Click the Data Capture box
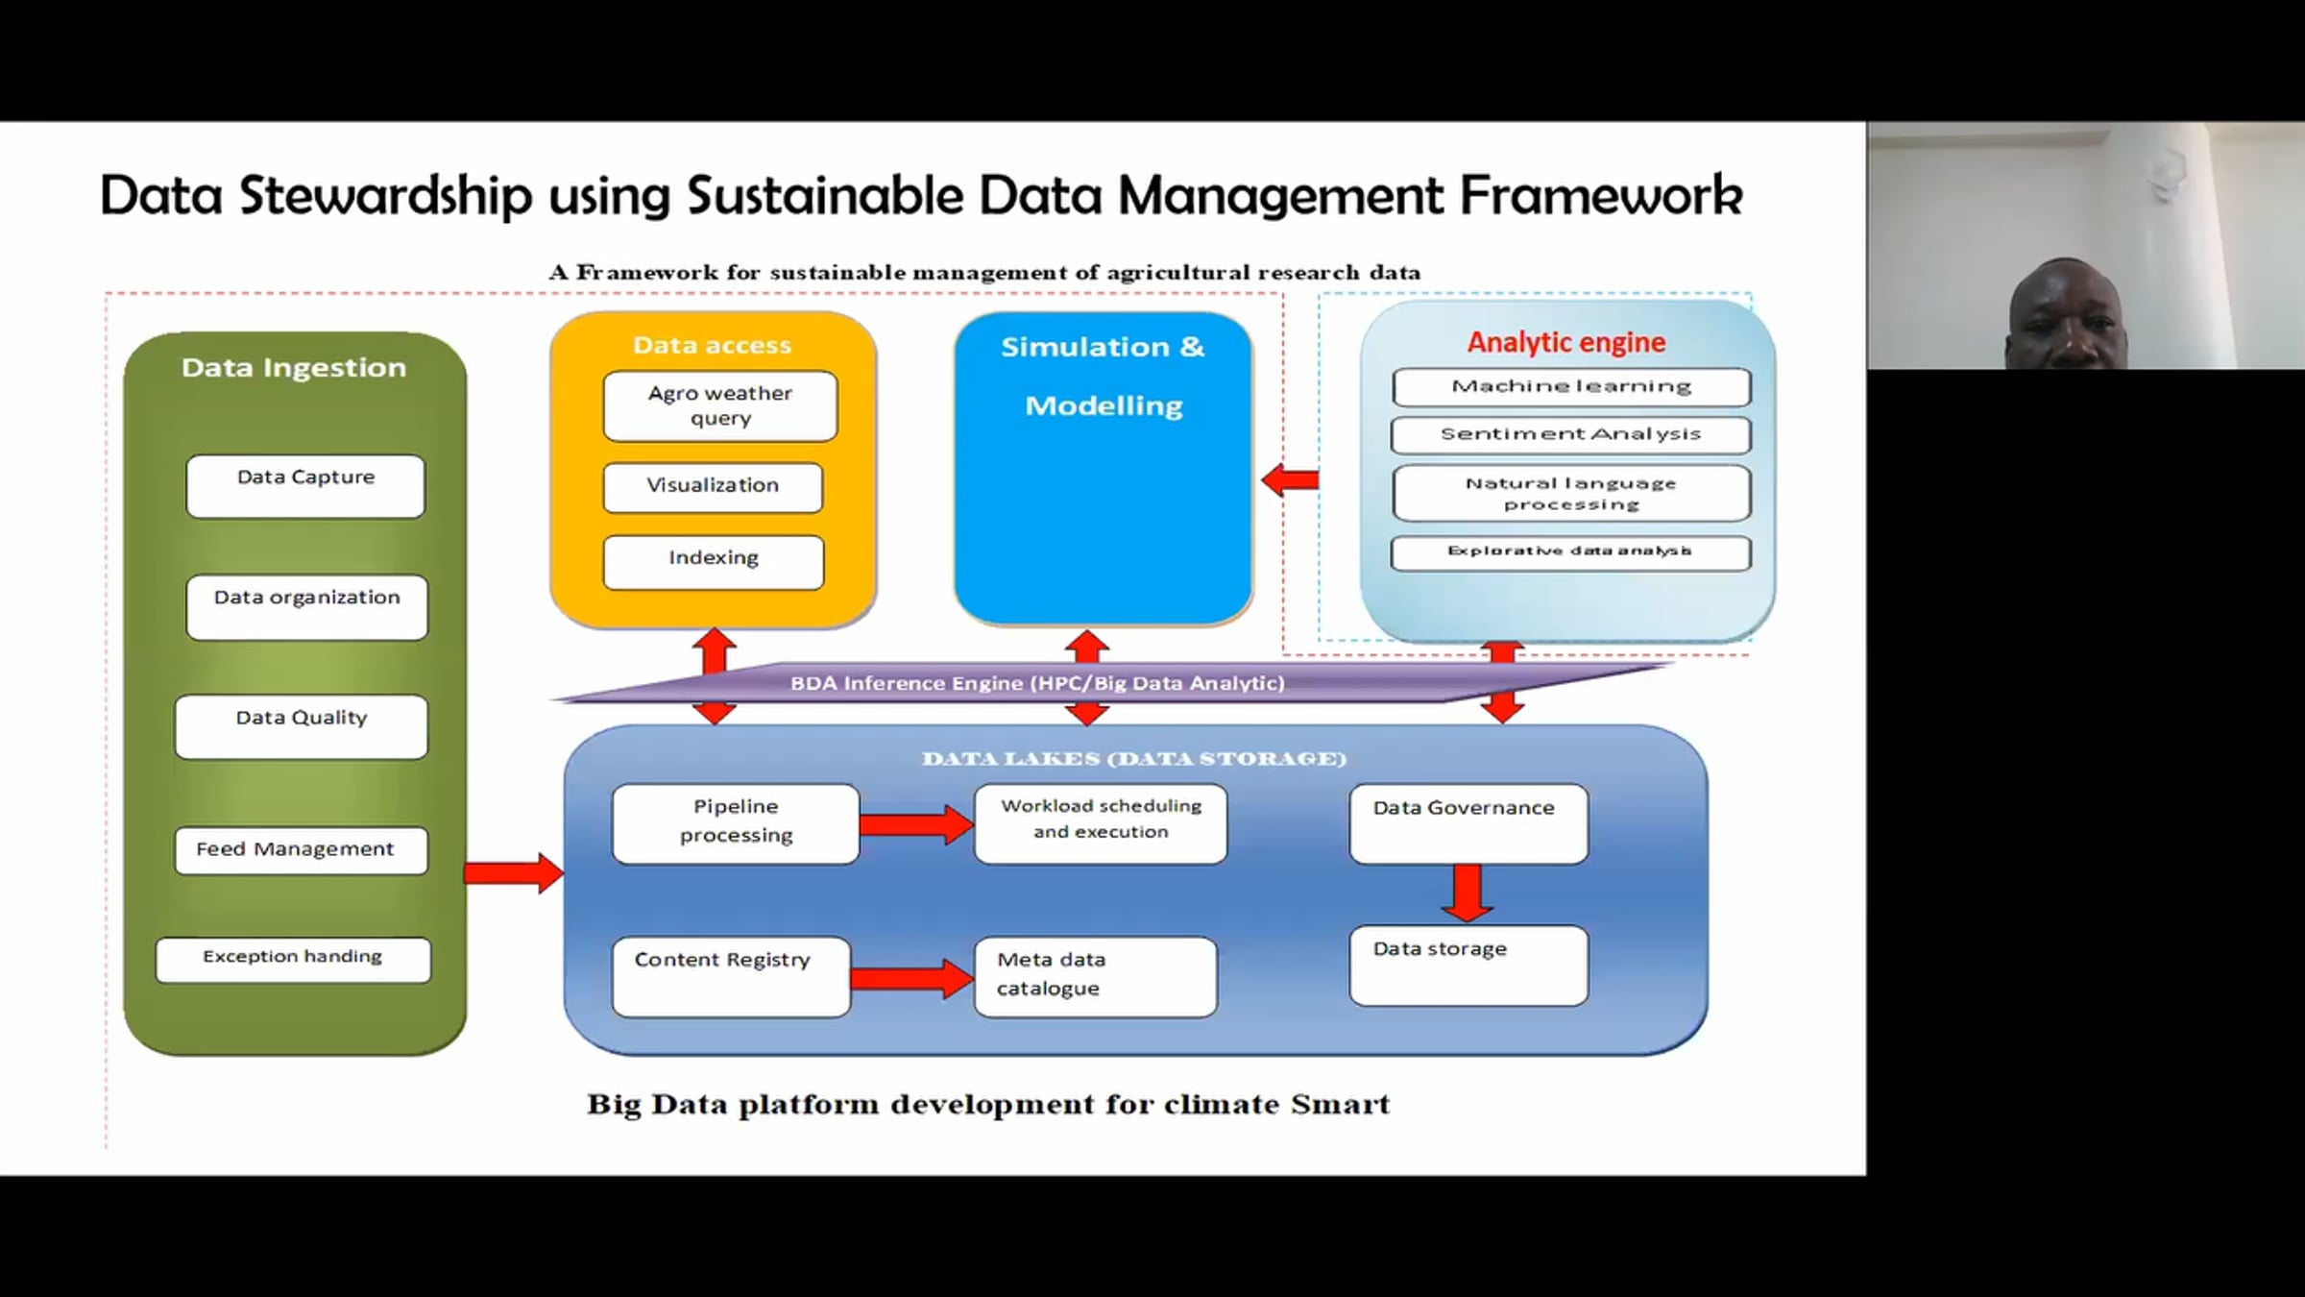click(x=305, y=486)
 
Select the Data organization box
click(x=306, y=606)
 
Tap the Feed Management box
click(x=301, y=850)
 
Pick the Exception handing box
click(x=293, y=959)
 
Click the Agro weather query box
click(x=720, y=405)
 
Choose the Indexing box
click(x=714, y=561)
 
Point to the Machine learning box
click(x=1571, y=387)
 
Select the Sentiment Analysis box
click(x=1570, y=434)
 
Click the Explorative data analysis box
click(x=1570, y=552)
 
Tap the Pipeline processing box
click(x=736, y=823)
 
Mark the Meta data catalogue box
click(x=1095, y=976)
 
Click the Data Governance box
click(x=1468, y=823)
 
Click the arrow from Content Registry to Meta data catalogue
click(x=910, y=978)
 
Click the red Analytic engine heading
click(x=1566, y=342)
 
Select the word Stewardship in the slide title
click(x=385, y=196)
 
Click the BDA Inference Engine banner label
click(x=1037, y=683)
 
